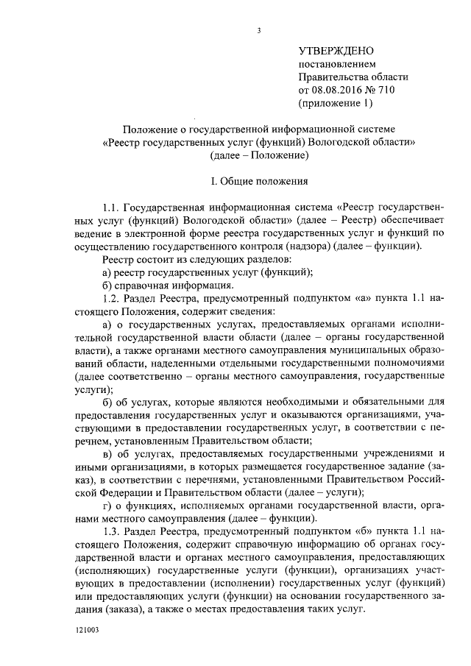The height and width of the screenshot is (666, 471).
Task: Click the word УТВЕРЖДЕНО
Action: (x=336, y=51)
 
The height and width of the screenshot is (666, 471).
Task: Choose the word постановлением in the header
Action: (x=331, y=64)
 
